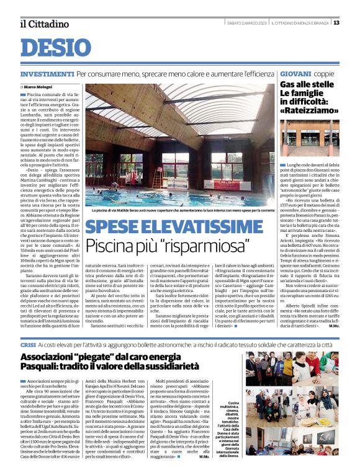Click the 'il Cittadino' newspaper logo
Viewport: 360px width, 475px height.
(x=44, y=24)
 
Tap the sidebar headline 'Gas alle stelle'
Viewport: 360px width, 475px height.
(x=307, y=84)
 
